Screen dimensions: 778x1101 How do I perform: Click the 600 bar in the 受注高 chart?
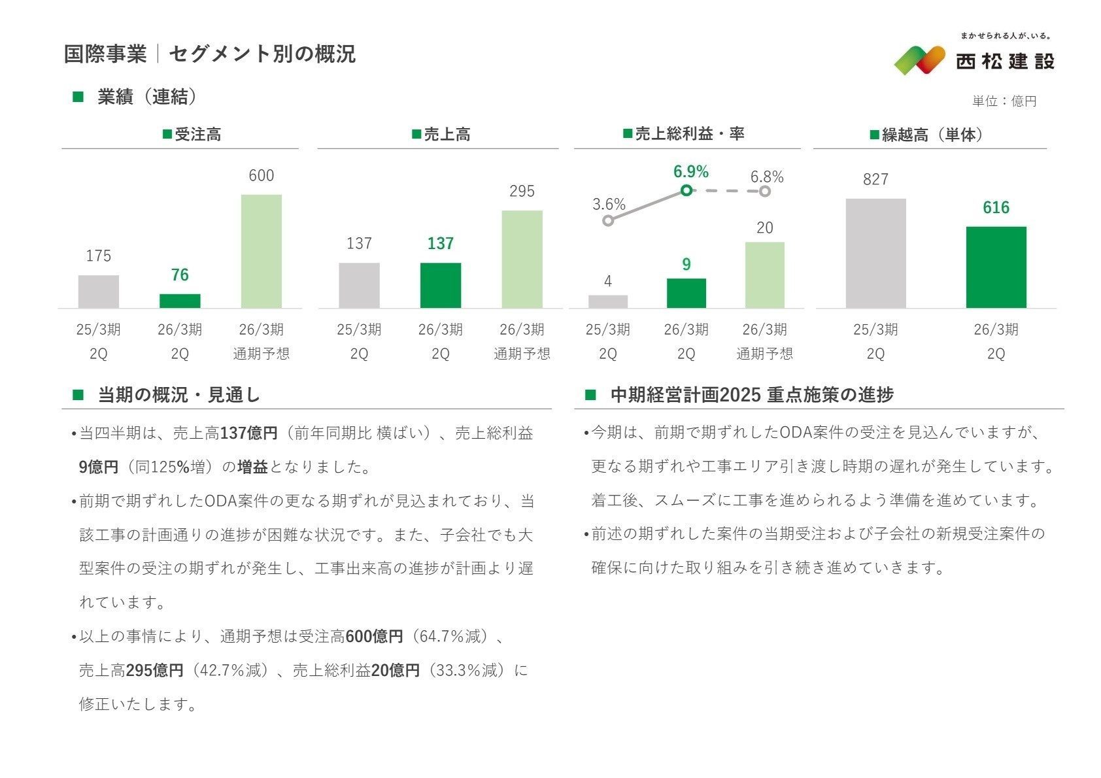tap(261, 251)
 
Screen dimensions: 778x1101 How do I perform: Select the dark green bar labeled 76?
tap(180, 301)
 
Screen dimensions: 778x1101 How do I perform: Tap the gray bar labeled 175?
tap(99, 292)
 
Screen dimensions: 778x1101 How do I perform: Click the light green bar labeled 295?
tap(522, 259)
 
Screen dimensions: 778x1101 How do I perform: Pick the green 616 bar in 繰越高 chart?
tap(996, 267)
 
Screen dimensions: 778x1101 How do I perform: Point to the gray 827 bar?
tap(875, 253)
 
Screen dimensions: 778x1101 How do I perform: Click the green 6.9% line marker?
tap(686, 190)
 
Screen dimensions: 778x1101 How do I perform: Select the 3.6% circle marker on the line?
tap(608, 220)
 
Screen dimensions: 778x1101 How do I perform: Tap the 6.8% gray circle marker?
tap(765, 191)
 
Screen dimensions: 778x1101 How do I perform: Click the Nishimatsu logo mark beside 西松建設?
tap(919, 59)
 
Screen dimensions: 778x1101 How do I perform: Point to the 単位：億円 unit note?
tap(1004, 101)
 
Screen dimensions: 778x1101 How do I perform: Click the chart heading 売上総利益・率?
tap(684, 134)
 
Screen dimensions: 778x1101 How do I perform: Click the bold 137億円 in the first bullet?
tap(249, 433)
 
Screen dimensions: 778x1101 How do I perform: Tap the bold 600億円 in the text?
tap(374, 636)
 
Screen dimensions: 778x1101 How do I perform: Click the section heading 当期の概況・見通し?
tap(178, 395)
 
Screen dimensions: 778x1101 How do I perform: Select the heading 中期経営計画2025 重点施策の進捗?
tap(751, 395)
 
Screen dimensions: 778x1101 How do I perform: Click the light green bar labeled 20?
tap(764, 275)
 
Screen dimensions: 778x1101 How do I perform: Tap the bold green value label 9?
tap(686, 264)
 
